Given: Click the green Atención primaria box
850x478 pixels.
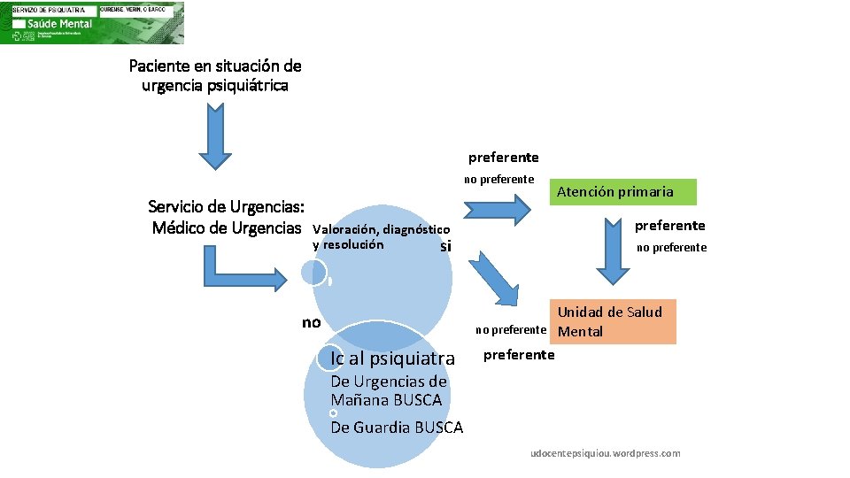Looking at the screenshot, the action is click(x=626, y=192).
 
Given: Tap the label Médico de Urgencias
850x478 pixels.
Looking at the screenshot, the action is click(x=226, y=228).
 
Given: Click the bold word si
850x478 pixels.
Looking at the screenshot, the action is click(x=445, y=246).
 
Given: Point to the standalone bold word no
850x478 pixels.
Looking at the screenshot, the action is click(x=311, y=322).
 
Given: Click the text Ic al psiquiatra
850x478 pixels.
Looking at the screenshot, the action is click(x=391, y=358).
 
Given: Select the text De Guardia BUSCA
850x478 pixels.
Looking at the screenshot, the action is click(x=396, y=428).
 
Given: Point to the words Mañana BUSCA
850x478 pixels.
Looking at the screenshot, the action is click(x=386, y=400).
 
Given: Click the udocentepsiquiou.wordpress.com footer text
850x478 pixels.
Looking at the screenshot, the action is click(x=605, y=453).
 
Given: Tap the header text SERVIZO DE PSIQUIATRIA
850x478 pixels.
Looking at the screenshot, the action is click(x=49, y=9).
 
